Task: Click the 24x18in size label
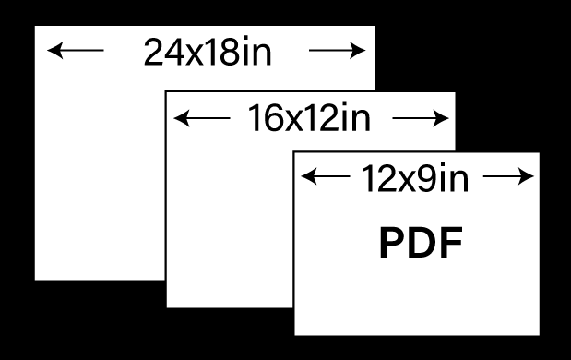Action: point(208,52)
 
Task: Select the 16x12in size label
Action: point(309,117)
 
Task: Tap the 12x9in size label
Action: point(415,178)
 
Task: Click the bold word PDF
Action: point(421,242)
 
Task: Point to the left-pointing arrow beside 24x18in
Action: point(76,50)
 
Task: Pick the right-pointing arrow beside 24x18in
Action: point(338,50)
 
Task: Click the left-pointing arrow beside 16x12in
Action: point(202,118)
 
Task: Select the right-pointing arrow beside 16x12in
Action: point(421,118)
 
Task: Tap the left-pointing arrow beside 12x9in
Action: point(326,176)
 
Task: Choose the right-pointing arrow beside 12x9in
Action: point(508,176)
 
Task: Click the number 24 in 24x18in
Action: point(164,52)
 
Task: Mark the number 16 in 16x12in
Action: point(265,117)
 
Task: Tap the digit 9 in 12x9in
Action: point(426,178)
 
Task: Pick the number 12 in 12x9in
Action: point(378,178)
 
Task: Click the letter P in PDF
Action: point(392,242)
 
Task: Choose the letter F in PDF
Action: point(452,242)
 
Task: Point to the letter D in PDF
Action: point(422,242)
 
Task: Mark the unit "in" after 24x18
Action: point(257,51)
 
